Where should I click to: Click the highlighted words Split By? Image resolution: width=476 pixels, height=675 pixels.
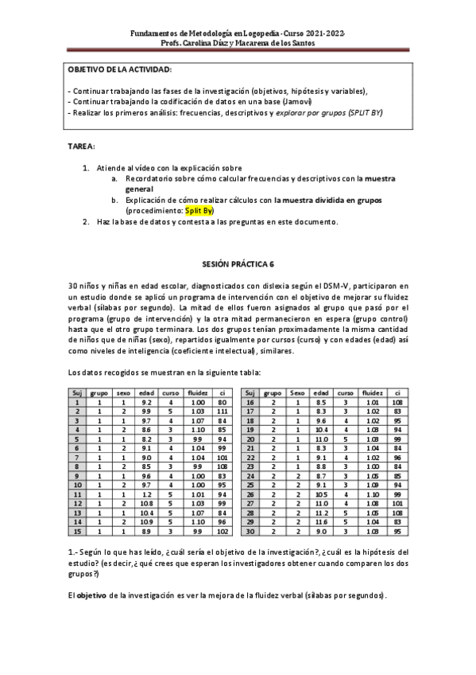coord(199,211)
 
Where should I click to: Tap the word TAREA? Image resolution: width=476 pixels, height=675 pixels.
coord(83,147)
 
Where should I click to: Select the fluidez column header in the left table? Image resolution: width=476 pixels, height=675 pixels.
coord(198,392)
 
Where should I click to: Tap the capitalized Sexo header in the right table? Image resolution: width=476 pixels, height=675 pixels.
coord(297,392)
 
